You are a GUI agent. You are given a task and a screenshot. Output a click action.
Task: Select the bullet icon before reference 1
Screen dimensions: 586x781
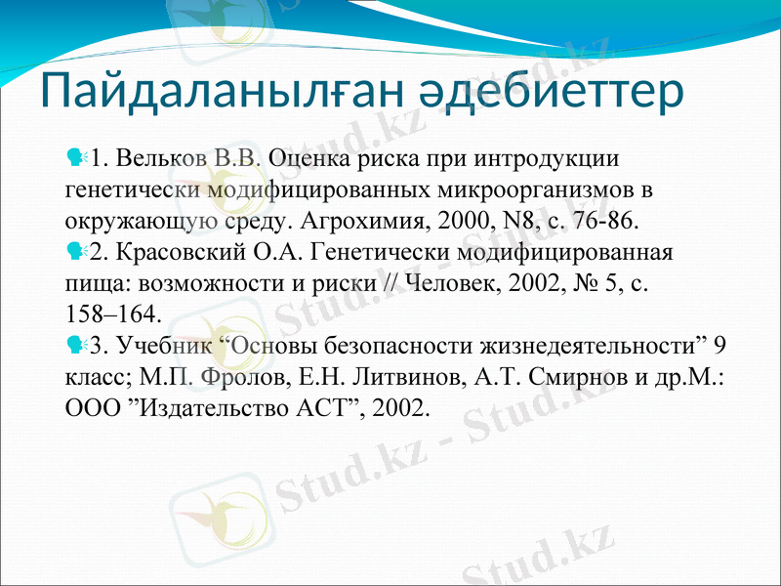[76, 156]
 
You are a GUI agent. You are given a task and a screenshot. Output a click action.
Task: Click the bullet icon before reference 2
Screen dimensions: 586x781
[76, 252]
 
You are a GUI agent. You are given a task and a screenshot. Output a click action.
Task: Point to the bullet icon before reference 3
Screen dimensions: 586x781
[76, 345]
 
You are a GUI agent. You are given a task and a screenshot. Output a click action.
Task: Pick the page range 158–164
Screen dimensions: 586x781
[108, 314]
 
